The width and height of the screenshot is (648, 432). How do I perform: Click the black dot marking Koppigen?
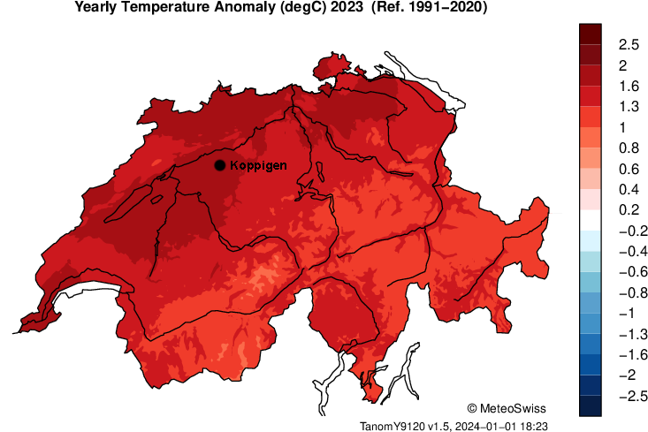click(219, 165)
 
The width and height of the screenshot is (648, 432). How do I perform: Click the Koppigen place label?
click(258, 165)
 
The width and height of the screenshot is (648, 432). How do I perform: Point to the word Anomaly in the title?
click(234, 7)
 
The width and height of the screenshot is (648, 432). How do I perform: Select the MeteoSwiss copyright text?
click(506, 408)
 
